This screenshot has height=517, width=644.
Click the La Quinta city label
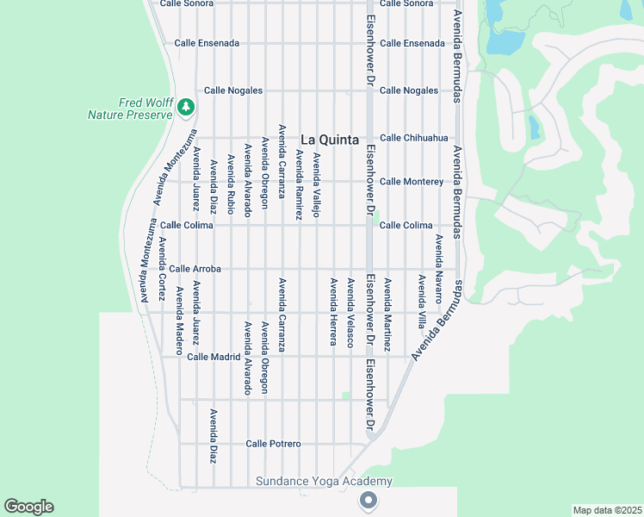330,140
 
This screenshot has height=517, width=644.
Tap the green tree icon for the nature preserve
186,107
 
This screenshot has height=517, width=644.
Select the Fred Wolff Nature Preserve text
126,108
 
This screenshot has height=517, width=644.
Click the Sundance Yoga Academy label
324,481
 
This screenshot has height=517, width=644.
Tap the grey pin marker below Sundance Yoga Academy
368,500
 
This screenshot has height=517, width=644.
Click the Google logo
28,507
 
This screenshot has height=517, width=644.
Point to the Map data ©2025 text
606,510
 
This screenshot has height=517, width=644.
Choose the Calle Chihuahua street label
414,137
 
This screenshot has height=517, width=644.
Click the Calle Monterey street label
412,181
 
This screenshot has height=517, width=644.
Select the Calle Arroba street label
195,269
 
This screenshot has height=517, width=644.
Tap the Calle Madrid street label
213,356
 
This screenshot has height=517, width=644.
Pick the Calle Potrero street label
273,443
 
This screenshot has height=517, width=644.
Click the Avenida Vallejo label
316,185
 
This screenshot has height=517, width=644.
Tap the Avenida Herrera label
332,311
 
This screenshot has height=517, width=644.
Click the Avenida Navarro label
438,267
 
